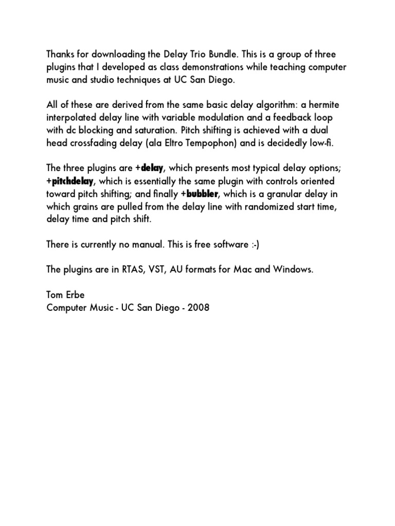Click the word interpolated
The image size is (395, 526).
(74, 118)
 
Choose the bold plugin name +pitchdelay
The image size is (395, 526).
(70, 181)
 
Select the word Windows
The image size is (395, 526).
(292, 269)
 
